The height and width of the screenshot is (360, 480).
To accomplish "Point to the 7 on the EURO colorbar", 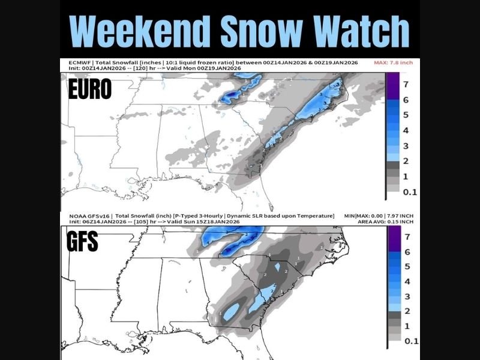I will pos(406,82).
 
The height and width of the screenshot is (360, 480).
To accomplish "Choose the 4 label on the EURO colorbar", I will pos(406,130).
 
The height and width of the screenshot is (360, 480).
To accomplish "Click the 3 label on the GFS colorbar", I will pos(406,296).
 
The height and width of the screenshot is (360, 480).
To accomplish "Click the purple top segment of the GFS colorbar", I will pos(391,237).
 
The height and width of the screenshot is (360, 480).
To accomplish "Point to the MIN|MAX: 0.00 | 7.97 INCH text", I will pos(380,215).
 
